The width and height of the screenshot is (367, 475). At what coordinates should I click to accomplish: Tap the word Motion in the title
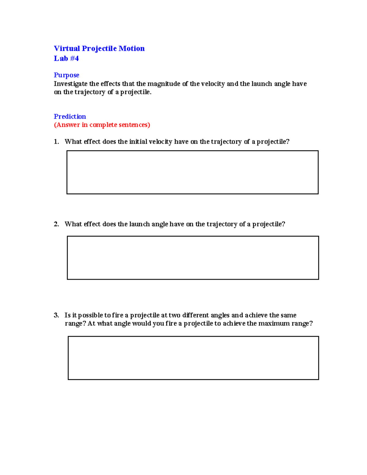coord(132,49)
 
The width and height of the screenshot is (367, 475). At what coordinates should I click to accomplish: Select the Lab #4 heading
coord(66,58)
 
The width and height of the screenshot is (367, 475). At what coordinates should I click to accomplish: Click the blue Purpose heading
coord(66,75)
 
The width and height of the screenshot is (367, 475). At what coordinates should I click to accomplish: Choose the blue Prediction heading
coord(70,117)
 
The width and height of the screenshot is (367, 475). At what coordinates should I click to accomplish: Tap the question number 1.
coord(56,142)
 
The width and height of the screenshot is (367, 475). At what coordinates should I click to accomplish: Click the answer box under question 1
coord(192,172)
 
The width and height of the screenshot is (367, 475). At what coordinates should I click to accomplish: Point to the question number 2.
coord(56,224)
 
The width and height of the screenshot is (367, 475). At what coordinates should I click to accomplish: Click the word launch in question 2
coord(139,224)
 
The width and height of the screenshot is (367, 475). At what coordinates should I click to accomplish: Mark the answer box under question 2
coord(193,258)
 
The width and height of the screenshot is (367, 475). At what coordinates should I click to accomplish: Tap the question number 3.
coord(56,315)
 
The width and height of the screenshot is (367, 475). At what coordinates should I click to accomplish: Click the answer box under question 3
coord(193,358)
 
